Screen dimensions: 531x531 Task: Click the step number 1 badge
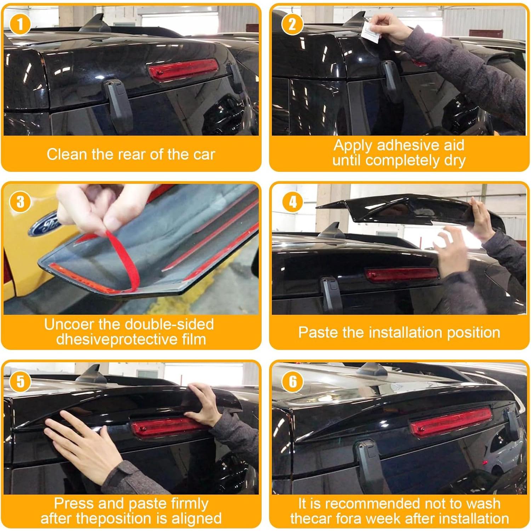[20, 25]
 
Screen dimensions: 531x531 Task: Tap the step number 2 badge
[292, 25]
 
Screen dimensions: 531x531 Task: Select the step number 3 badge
[20, 202]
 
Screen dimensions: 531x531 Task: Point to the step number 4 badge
[292, 202]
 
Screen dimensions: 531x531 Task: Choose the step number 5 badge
[20, 382]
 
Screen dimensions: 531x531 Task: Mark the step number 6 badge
[292, 382]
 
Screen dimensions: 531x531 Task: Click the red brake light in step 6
[450, 420]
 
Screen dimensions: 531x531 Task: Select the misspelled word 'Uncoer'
[69, 324]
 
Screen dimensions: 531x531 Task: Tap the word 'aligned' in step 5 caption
[196, 519]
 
